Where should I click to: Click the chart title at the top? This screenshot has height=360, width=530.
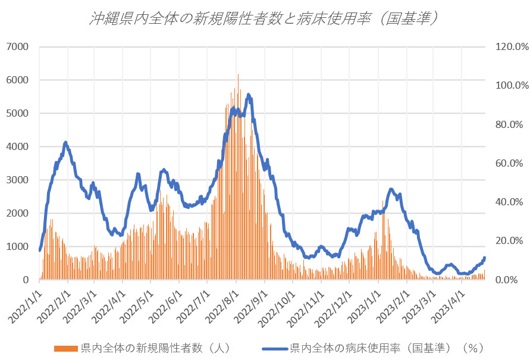[265, 18]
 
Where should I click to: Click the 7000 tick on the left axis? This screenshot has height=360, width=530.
[18, 46]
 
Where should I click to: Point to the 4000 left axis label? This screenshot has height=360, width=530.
[18, 146]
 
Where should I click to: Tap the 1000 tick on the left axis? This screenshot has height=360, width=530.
[18, 246]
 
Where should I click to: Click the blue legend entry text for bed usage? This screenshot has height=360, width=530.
[387, 348]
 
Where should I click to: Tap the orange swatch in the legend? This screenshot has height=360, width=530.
[67, 348]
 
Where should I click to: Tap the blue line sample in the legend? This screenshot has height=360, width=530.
[275, 348]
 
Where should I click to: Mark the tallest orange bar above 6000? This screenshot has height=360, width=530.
[238, 75]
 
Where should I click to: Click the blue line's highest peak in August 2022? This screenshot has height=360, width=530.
[248, 94]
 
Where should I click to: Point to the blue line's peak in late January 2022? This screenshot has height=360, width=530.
[65, 142]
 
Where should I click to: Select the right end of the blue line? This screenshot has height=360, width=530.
[485, 258]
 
